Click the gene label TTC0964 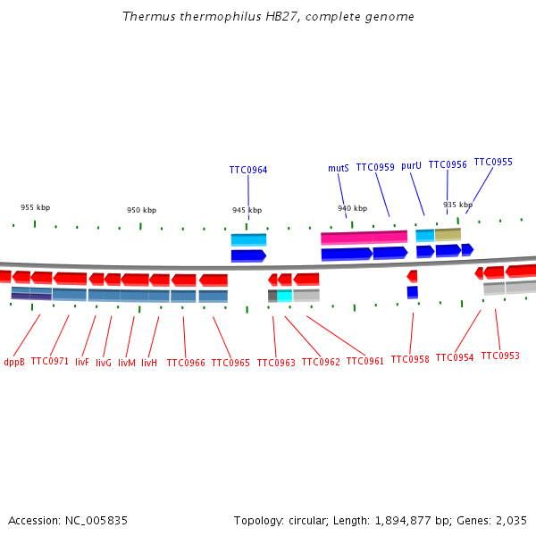248,170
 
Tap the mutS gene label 338,168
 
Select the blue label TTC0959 375,167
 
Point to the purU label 411,165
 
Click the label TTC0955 493,162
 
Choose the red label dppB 14,362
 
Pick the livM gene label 127,363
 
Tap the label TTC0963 276,363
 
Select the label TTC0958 410,359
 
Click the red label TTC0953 500,356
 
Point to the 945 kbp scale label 247,210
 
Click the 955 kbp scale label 35,207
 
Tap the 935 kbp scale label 457,205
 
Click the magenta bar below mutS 364,238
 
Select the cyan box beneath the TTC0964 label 248,239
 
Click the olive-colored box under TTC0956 448,234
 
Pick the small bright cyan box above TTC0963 285,295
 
